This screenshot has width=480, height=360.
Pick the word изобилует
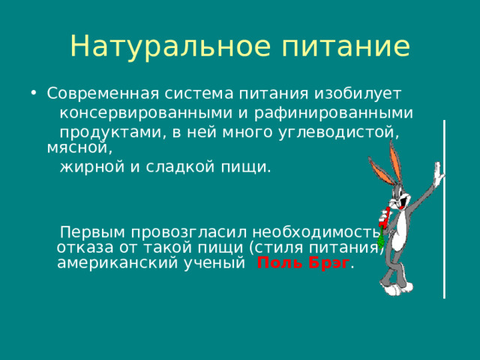pyautogui.click(x=356, y=94)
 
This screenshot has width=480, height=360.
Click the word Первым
pyautogui.click(x=91, y=232)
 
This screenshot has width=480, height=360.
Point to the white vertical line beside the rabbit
pyautogui.click(x=445, y=210)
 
